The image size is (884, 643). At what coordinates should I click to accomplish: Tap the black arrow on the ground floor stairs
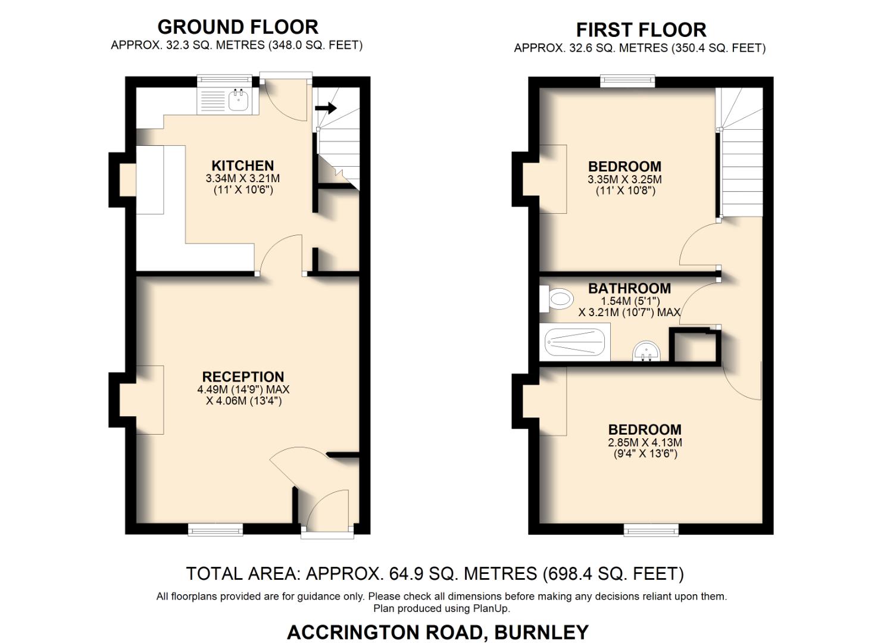click(326, 108)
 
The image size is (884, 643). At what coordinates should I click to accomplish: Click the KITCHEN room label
click(243, 166)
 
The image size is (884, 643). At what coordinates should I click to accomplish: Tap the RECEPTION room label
click(243, 376)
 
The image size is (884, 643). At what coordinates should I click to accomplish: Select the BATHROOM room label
click(629, 288)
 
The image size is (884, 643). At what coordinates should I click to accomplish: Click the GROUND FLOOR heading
click(238, 27)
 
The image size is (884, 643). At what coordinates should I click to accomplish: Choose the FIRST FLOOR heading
click(641, 30)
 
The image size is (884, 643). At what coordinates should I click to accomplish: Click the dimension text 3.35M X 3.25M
click(624, 179)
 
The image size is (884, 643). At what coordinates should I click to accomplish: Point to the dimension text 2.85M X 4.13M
click(645, 442)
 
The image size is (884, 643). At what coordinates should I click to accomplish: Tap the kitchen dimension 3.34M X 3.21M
click(243, 178)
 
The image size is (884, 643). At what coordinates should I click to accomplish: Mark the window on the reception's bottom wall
click(215, 529)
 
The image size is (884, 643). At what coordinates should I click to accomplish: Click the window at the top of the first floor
click(627, 82)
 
